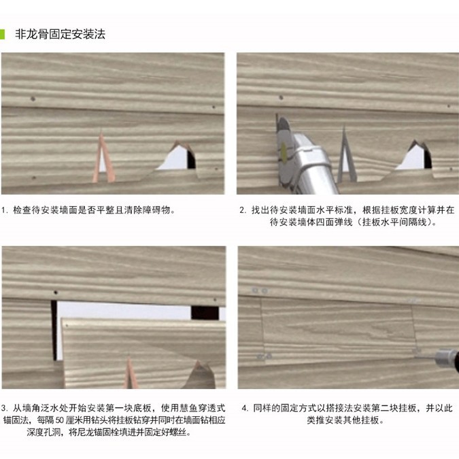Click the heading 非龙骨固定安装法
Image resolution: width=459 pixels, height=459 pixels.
coord(60,33)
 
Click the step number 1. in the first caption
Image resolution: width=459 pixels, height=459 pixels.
coord(5,210)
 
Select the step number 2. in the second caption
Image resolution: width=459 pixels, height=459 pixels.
coord(243,210)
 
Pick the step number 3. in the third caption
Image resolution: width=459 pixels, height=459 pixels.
coord(5,408)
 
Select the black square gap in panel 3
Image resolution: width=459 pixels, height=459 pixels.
coord(205,313)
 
